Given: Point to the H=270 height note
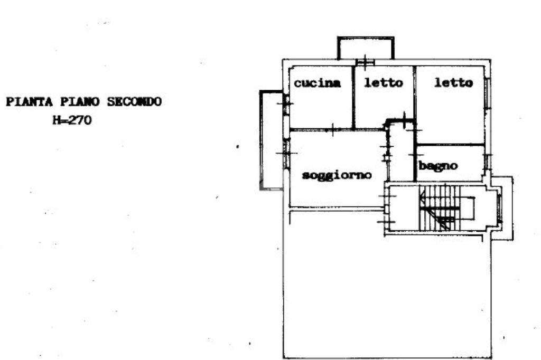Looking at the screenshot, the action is pyautogui.click(x=71, y=120).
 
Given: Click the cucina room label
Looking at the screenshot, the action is pyautogui.click(x=317, y=83).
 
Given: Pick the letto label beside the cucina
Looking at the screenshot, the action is pyautogui.click(x=383, y=83).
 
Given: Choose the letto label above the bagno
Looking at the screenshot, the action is pyautogui.click(x=453, y=83).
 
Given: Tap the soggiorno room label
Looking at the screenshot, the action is pyautogui.click(x=337, y=175).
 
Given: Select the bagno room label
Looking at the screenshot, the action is pyautogui.click(x=438, y=166).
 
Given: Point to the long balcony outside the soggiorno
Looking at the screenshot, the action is pyautogui.click(x=272, y=140).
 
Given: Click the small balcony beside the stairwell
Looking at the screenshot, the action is pyautogui.click(x=505, y=208).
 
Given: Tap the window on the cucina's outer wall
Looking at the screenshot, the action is pyautogui.click(x=285, y=103).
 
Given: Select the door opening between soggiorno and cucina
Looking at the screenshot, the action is pyautogui.click(x=332, y=129).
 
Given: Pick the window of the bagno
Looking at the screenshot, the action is pyautogui.click(x=488, y=161).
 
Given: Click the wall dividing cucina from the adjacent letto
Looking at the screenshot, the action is pyautogui.click(x=353, y=97).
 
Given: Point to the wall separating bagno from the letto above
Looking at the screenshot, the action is pyautogui.click(x=450, y=145).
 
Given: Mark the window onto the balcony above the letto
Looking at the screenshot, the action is pyautogui.click(x=365, y=62).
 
